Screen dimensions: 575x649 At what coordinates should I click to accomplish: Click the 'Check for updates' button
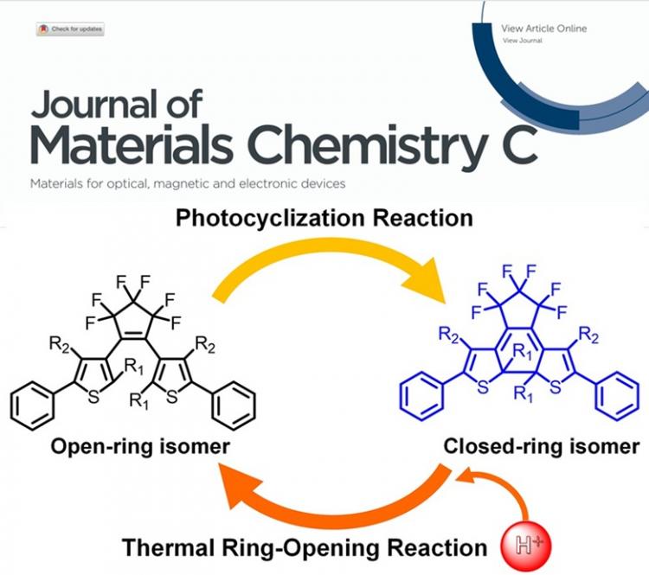coord(70,29)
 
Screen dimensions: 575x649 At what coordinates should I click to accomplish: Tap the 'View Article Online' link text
coord(543,29)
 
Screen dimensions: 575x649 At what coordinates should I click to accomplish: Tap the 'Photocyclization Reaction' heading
coord(324,218)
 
